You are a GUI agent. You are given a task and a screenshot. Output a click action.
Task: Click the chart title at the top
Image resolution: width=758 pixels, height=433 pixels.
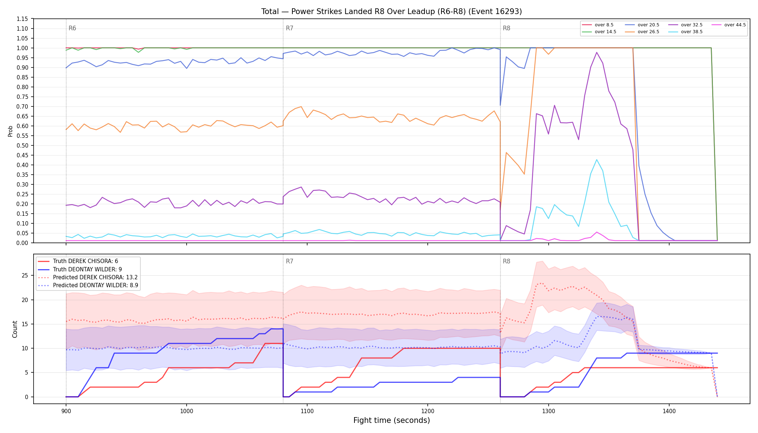click(x=392, y=12)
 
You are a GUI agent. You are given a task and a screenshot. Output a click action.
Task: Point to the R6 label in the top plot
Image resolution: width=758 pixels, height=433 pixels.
click(x=72, y=28)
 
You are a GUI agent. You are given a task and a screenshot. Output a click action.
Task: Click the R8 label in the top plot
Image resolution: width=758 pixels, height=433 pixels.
click(x=506, y=28)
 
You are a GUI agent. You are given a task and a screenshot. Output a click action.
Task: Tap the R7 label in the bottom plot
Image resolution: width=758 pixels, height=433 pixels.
click(x=289, y=261)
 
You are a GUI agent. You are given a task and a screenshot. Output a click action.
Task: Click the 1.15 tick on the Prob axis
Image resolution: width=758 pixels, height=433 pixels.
click(x=22, y=19)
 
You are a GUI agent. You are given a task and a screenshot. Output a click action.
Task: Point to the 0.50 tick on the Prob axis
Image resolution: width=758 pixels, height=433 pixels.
click(x=22, y=145)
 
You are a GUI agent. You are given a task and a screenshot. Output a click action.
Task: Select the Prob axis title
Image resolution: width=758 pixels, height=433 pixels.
click(x=10, y=131)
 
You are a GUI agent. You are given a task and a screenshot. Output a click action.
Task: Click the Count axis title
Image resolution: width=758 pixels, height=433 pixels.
click(x=15, y=329)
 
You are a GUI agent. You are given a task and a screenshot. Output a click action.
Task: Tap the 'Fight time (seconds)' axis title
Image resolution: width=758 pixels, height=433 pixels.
click(x=392, y=420)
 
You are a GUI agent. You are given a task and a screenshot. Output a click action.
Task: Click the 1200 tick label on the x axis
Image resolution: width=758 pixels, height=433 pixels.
click(x=428, y=411)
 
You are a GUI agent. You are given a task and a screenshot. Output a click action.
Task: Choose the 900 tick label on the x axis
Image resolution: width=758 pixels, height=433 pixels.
click(x=66, y=411)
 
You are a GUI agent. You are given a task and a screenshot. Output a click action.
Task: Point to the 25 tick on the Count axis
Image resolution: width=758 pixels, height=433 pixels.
click(x=25, y=275)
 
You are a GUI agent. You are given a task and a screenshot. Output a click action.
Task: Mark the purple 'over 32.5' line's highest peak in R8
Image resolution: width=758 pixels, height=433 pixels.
click(x=597, y=52)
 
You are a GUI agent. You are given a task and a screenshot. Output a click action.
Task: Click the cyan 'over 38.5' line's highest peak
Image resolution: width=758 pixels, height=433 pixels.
click(x=597, y=159)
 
